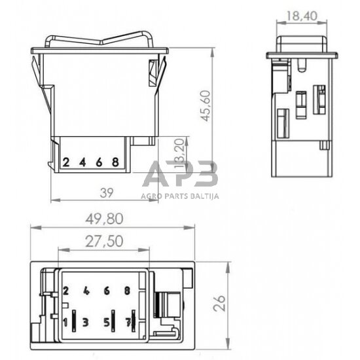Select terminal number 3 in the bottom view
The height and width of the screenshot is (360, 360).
(x=85, y=322)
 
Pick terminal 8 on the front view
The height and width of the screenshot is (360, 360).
(x=115, y=162)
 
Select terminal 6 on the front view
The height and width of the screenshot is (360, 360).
(x=99, y=162)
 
